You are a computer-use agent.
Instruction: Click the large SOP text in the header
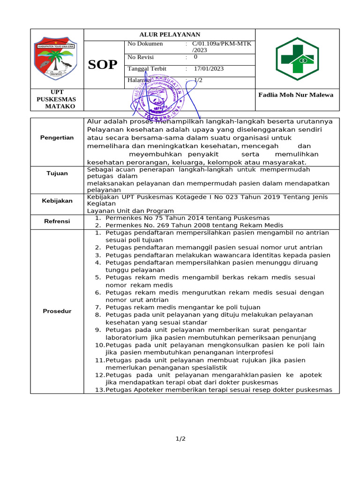103,65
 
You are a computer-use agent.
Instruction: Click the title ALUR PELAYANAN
170,35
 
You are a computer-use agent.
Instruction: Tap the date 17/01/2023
208,69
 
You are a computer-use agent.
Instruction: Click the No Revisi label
141,57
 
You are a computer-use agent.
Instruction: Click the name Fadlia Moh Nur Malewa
296,95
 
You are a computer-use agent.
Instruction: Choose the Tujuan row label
57,173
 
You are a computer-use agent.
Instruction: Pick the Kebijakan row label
57,201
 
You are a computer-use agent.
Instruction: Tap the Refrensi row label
57,221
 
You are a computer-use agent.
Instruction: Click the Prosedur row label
57,311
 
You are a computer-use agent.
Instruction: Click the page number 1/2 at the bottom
180,439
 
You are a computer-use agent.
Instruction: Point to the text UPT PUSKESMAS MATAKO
56,99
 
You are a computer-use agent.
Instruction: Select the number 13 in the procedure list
99,390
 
